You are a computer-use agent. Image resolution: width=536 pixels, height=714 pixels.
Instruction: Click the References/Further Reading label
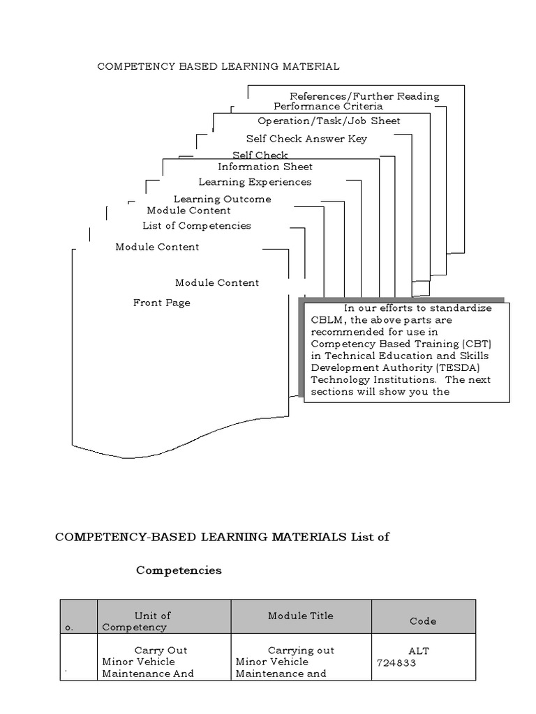click(x=364, y=96)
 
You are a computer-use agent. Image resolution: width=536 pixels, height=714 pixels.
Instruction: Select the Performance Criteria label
click(x=328, y=107)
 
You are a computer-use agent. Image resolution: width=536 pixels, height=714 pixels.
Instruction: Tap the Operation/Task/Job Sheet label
click(x=329, y=121)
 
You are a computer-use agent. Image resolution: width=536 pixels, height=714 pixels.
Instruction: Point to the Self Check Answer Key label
click(x=306, y=139)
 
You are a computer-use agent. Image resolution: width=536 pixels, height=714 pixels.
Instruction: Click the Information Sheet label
click(x=265, y=167)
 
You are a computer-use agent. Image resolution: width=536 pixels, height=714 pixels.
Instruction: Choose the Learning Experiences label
click(x=255, y=182)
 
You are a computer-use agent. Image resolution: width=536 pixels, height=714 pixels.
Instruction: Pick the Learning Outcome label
click(x=222, y=199)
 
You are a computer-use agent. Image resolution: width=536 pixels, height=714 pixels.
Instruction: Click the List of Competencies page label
click(x=197, y=226)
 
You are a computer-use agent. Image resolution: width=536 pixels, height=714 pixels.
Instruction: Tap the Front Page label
click(x=162, y=303)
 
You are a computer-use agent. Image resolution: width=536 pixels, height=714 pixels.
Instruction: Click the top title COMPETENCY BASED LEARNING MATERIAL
click(x=218, y=66)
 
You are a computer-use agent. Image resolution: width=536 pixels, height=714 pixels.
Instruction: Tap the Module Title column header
click(x=301, y=616)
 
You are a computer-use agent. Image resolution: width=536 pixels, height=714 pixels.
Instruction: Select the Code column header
click(x=423, y=621)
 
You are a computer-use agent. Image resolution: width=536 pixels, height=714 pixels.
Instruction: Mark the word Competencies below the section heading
click(x=179, y=570)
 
